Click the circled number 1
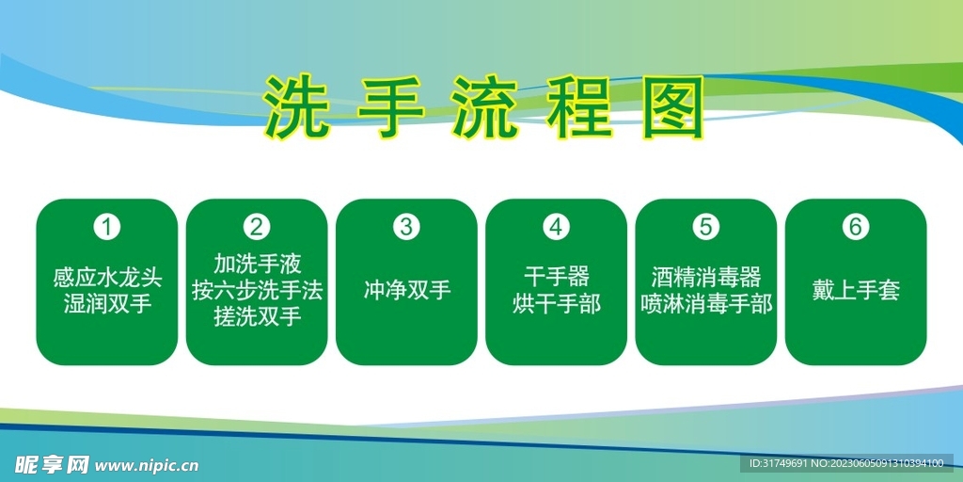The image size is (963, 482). [107, 227]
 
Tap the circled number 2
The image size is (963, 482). [257, 227]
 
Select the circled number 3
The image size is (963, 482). [406, 227]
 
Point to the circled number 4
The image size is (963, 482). [557, 227]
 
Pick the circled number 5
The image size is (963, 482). [706, 227]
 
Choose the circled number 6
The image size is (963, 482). [855, 227]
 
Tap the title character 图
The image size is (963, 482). [672, 107]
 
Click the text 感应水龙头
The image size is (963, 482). [107, 279]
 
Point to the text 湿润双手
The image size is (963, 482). [107, 304]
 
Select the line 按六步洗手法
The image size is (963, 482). [257, 290]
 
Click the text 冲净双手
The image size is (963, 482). [406, 290]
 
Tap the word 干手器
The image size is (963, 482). [557, 277]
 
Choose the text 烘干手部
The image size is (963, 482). [557, 304]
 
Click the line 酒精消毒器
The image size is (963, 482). [706, 277]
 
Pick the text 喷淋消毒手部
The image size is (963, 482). [706, 304]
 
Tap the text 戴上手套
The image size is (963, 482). [855, 290]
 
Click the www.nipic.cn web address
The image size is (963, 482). [148, 464]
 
